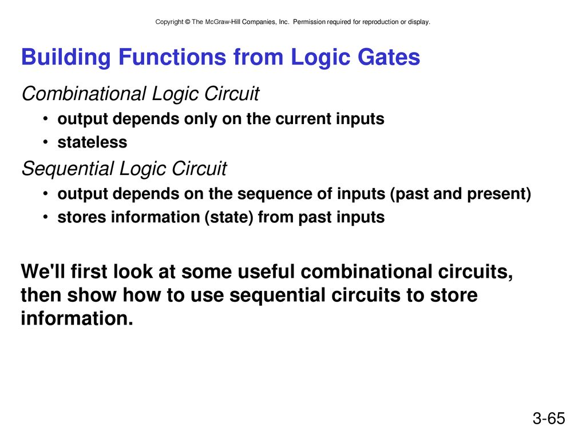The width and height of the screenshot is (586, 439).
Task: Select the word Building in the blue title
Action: [x=66, y=58]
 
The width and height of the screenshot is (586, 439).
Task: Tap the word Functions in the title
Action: [x=172, y=57]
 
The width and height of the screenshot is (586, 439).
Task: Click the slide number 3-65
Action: [x=549, y=418]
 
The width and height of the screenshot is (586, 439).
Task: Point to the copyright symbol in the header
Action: [x=187, y=22]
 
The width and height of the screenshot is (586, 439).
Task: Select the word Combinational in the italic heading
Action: [x=84, y=94]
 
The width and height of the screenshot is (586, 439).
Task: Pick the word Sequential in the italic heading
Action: [x=68, y=169]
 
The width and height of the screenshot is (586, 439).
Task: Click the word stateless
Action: [x=92, y=142]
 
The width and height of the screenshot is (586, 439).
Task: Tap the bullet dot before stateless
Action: [x=45, y=142]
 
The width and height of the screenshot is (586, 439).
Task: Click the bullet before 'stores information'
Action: [x=45, y=217]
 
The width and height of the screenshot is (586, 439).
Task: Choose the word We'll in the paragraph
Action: [x=43, y=271]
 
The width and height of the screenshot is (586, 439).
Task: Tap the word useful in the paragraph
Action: [x=266, y=271]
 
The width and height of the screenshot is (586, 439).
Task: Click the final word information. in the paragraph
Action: [x=77, y=318]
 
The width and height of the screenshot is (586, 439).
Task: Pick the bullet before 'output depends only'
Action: [x=45, y=119]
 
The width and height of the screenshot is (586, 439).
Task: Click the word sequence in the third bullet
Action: [x=270, y=194]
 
